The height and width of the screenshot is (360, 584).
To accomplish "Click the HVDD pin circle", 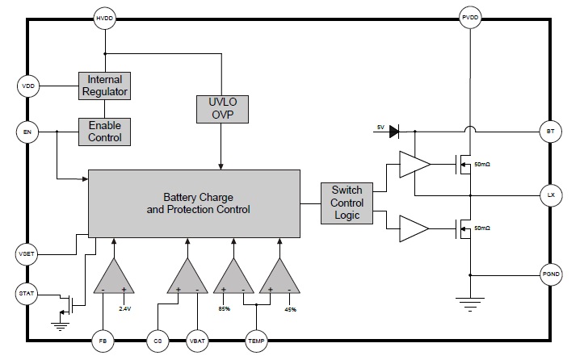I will coord(105,18).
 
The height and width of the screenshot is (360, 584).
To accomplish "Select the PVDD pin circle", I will coord(470,18).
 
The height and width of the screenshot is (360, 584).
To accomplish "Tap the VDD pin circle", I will coord(27,84).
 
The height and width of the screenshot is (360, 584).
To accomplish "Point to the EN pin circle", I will coord(27,130).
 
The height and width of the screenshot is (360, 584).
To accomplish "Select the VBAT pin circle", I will coord(198,341).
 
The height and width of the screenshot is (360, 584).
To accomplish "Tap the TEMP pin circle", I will coord(255,341).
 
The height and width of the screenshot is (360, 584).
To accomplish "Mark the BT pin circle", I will coord(549,130).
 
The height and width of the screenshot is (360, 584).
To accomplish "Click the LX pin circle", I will coord(549,195).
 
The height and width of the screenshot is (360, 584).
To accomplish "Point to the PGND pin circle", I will coord(549,274).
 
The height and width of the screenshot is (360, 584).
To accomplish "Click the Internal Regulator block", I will coord(104,85).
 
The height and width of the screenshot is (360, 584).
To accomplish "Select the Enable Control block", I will coord(104,131).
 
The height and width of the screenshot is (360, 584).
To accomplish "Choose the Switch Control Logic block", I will coord(348,203).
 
